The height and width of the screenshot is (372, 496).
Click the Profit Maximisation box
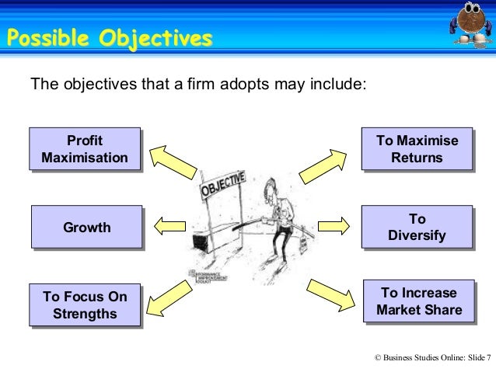[x=85, y=149]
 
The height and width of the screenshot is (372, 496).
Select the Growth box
[x=86, y=228]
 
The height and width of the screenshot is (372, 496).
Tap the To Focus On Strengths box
[x=85, y=305]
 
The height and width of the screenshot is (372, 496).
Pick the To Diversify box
[x=417, y=228]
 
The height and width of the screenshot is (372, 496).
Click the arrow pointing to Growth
[x=169, y=227]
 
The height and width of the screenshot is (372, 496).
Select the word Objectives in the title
[x=154, y=37]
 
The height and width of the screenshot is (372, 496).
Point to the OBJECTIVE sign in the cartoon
[x=224, y=184]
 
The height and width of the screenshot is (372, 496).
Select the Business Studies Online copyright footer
[x=432, y=357]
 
